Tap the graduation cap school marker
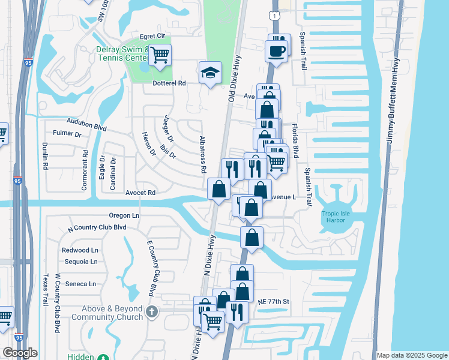click(x=210, y=73)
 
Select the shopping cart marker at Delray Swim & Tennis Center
click(x=160, y=56)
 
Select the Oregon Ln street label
click(x=124, y=215)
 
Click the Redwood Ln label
click(x=80, y=250)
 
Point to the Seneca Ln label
click(x=79, y=284)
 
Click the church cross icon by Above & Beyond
click(x=152, y=312)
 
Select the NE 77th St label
click(x=274, y=301)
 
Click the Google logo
click(x=20, y=353)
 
